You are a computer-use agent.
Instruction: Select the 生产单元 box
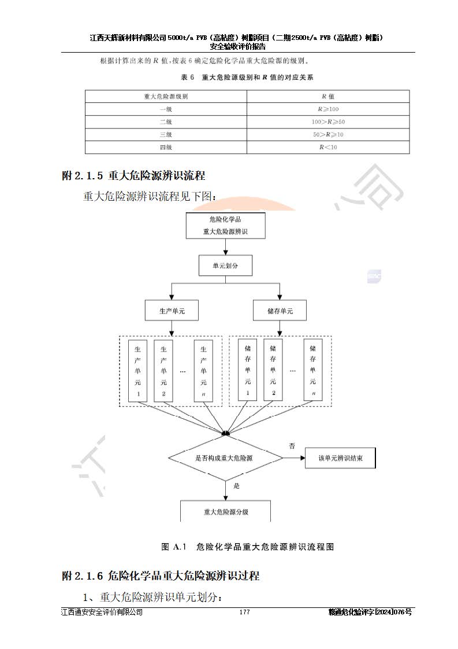172,311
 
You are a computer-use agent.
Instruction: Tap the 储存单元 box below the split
280,311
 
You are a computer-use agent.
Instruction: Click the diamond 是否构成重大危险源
225,458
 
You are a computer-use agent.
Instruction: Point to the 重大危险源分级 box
225,511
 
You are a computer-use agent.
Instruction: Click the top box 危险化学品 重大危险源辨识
225,226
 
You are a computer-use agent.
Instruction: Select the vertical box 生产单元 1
138,371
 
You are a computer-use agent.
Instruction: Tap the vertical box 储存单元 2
273,371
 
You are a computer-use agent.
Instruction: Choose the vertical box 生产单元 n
203,371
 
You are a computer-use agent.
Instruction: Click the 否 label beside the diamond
292,446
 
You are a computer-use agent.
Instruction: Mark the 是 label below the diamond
236,486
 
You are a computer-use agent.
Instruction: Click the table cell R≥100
328,109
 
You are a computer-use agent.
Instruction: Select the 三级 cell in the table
166,135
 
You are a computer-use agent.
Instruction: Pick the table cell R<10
328,147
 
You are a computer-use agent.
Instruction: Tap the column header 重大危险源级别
166,97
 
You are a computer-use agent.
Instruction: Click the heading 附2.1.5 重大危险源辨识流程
133,175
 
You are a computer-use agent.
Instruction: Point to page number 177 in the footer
244,613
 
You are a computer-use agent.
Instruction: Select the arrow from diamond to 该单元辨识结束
293,458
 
